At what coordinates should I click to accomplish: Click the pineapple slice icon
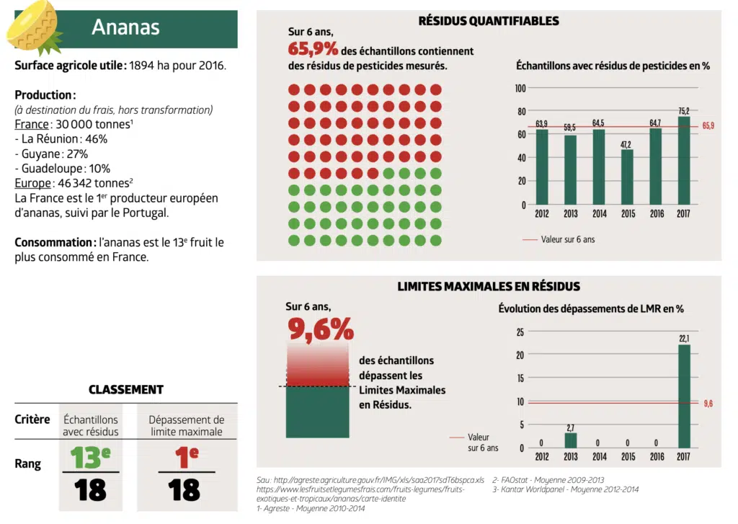coord(33,27)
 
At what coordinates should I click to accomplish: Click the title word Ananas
coord(125,27)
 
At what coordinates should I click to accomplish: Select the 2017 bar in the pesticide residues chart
coord(683,160)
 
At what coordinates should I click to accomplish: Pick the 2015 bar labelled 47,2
coord(627,177)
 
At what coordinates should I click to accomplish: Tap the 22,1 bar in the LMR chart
coord(683,396)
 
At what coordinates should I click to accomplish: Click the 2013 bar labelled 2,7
coord(570,440)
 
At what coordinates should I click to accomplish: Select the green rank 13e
coord(91,457)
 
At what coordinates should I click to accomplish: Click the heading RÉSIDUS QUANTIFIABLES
coord(489,21)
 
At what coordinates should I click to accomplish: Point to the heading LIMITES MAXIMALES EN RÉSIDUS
coord(489,286)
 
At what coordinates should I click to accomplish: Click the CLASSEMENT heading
coord(126,389)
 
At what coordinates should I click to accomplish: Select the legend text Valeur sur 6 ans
coord(568,239)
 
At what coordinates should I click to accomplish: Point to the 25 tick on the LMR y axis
coord(520,332)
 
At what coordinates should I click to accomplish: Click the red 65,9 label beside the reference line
coord(708,126)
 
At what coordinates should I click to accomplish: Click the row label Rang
coord(28,464)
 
